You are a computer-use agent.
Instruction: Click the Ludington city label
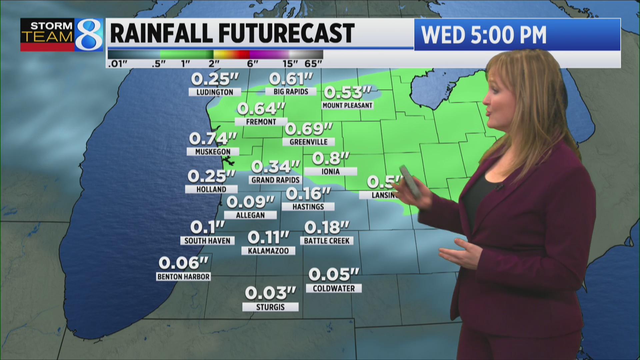coord(215,92)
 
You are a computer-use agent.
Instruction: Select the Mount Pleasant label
coord(347,105)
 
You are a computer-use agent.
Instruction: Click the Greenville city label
coord(308,142)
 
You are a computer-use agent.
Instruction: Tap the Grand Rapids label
coord(275,180)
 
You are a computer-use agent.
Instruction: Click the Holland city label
coord(211,189)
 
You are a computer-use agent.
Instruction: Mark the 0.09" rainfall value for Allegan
coord(250,202)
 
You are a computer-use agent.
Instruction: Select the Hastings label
coord(308,207)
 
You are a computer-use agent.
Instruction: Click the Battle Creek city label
coord(327,241)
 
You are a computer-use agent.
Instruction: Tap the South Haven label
coord(207,241)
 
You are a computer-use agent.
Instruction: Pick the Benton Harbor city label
coord(183,277)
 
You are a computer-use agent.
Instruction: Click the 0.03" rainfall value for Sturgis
coord(270,293)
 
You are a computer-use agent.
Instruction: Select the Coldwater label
coord(334,288)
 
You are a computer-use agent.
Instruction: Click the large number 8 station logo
coord(88,35)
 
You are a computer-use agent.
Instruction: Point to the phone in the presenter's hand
coord(411,181)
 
